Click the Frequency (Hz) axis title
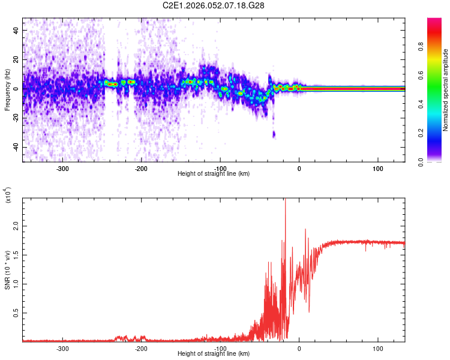8,90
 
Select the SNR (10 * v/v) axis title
8,270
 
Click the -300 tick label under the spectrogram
62,169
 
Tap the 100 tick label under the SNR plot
378,349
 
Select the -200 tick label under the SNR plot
142,349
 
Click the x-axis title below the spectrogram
214,174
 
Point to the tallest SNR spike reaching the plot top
285,202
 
